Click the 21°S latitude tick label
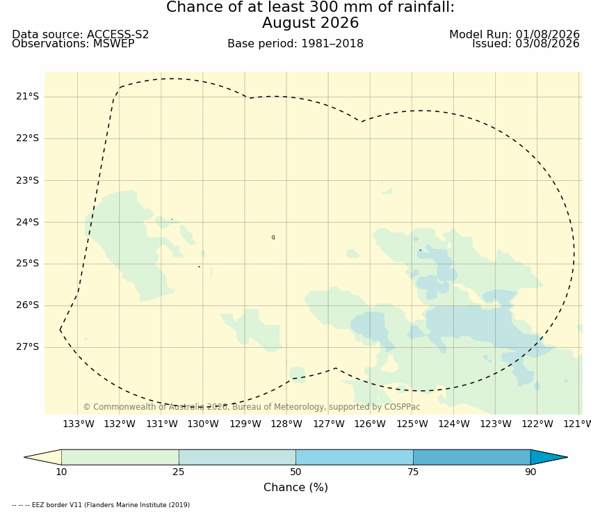pyautogui.click(x=27, y=97)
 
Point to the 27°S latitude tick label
pyautogui.click(x=27, y=347)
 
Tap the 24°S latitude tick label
pyautogui.click(x=27, y=222)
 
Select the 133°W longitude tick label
pyautogui.click(x=79, y=424)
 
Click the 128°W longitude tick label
pyautogui.click(x=286, y=424)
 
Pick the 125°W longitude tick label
pyautogui.click(x=412, y=424)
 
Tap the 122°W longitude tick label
pyautogui.click(x=537, y=424)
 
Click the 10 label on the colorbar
pyautogui.click(x=61, y=472)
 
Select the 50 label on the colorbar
pyautogui.click(x=296, y=472)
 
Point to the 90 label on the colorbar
pyautogui.click(x=531, y=472)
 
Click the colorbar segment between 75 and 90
pyautogui.click(x=472, y=457)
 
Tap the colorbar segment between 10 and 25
pyautogui.click(x=120, y=457)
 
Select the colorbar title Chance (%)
pyautogui.click(x=296, y=488)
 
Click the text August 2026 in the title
pyautogui.click(x=311, y=23)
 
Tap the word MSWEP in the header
pyautogui.click(x=114, y=44)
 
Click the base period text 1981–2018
pyautogui.click(x=332, y=44)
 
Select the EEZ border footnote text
pyautogui.click(x=101, y=505)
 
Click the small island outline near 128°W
pyautogui.click(x=273, y=237)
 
